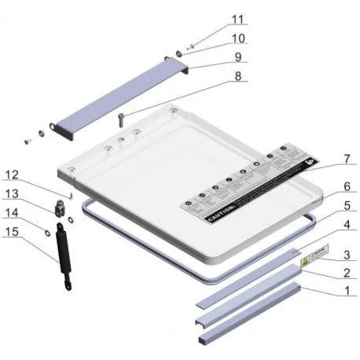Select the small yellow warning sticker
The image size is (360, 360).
click(314, 254)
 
